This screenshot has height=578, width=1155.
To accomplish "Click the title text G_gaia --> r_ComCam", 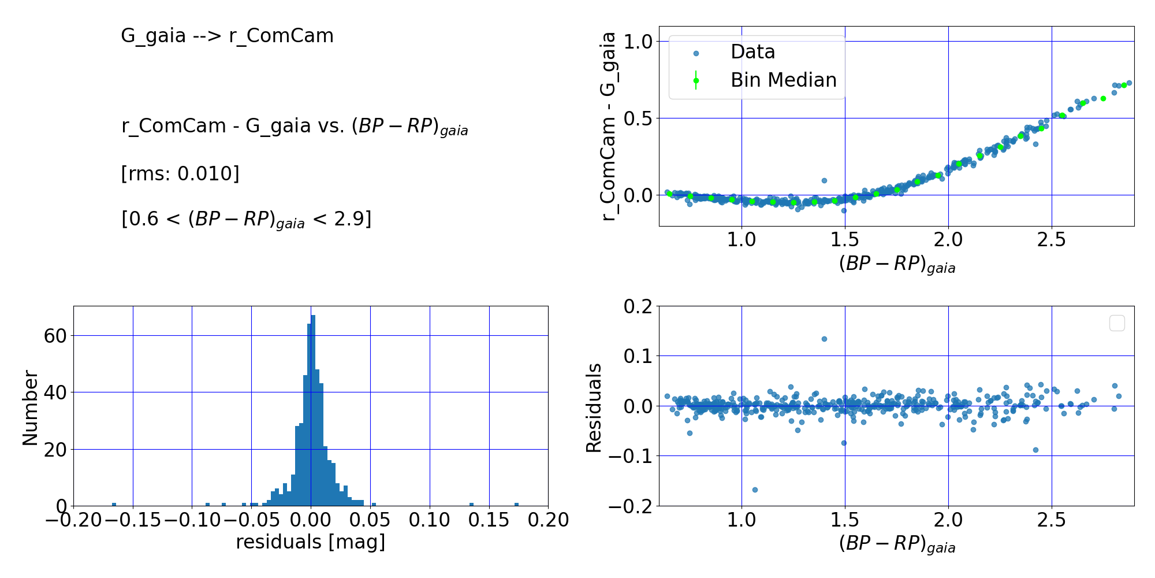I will pos(227,36).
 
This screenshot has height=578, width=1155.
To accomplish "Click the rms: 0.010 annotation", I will pos(180,173).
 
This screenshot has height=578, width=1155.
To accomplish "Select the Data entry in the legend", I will pos(752,52).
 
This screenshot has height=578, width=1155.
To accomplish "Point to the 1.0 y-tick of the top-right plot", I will pos(638,42).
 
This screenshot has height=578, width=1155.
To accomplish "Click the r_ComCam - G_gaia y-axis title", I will pos(609,126).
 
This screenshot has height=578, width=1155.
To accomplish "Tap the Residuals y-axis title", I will pos(594,407).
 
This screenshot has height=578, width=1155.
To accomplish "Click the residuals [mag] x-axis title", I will pos(310,542).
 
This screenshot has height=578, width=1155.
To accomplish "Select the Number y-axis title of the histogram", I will pos(30,407).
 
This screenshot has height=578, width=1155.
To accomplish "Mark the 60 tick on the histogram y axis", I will pos(55,336).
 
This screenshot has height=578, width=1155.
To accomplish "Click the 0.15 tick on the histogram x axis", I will pos(489,520).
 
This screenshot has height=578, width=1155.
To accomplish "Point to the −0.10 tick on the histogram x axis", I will pos(192,520).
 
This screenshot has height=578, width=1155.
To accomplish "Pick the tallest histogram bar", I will pos(313,410).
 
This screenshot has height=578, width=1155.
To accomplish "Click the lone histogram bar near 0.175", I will pos(516,505).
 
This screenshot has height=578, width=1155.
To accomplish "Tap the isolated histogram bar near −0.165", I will pos(114,505).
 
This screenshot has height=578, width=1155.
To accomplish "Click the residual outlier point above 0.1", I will pos(824,339).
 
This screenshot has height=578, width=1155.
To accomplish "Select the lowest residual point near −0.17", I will pos(754,490).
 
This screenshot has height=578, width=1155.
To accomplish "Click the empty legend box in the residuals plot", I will pos(1117,323).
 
